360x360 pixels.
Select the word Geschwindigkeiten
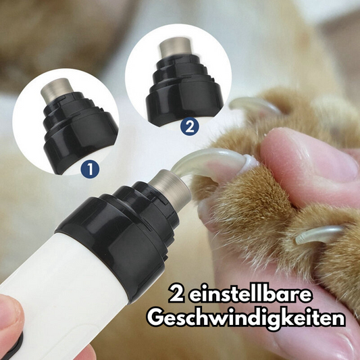251,318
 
